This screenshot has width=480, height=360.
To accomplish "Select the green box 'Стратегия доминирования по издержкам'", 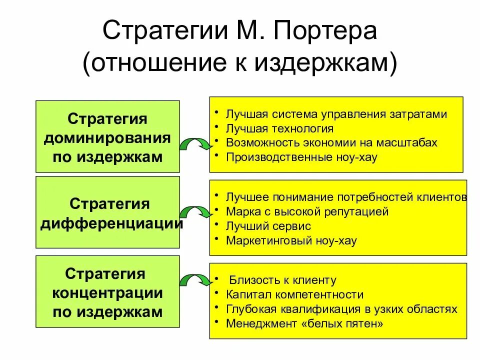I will click(x=107, y=137).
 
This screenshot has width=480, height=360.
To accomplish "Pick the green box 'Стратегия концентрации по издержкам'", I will click(x=107, y=292).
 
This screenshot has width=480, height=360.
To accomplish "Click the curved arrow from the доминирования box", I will click(x=195, y=145).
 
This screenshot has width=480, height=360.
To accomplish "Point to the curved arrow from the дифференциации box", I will click(x=195, y=212).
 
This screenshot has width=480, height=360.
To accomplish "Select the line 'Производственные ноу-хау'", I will click(x=301, y=157).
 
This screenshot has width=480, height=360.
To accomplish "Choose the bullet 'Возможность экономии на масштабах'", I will click(x=331, y=142).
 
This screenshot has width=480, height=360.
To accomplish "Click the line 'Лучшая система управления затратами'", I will click(x=336, y=114).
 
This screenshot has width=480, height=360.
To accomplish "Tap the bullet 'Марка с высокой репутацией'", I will click(x=307, y=211).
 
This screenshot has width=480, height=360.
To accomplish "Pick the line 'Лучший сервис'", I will click(x=268, y=226).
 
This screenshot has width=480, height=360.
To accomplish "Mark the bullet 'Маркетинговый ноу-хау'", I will click(x=291, y=240).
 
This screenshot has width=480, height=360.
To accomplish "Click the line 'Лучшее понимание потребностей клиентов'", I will click(x=346, y=197).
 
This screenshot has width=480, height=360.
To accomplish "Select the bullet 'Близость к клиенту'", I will click(x=282, y=280).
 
